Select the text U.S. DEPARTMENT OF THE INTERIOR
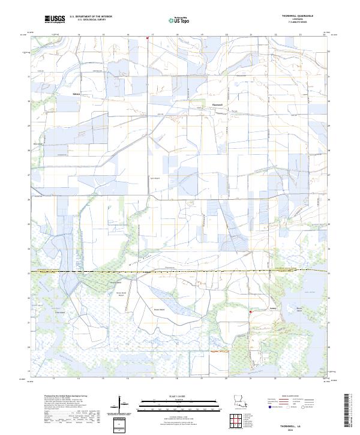(x=91, y=16)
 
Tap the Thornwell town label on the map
(x=218, y=104)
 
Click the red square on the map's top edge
(x=147, y=40)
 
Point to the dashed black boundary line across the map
(x=180, y=272)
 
